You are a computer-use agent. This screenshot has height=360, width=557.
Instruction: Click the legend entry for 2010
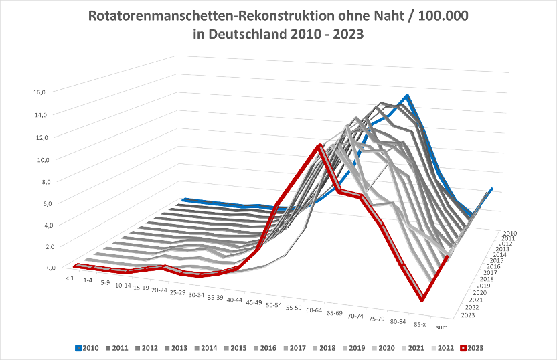pos(89,348)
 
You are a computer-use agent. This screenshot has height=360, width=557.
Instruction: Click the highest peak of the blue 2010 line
pos(406,97)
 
